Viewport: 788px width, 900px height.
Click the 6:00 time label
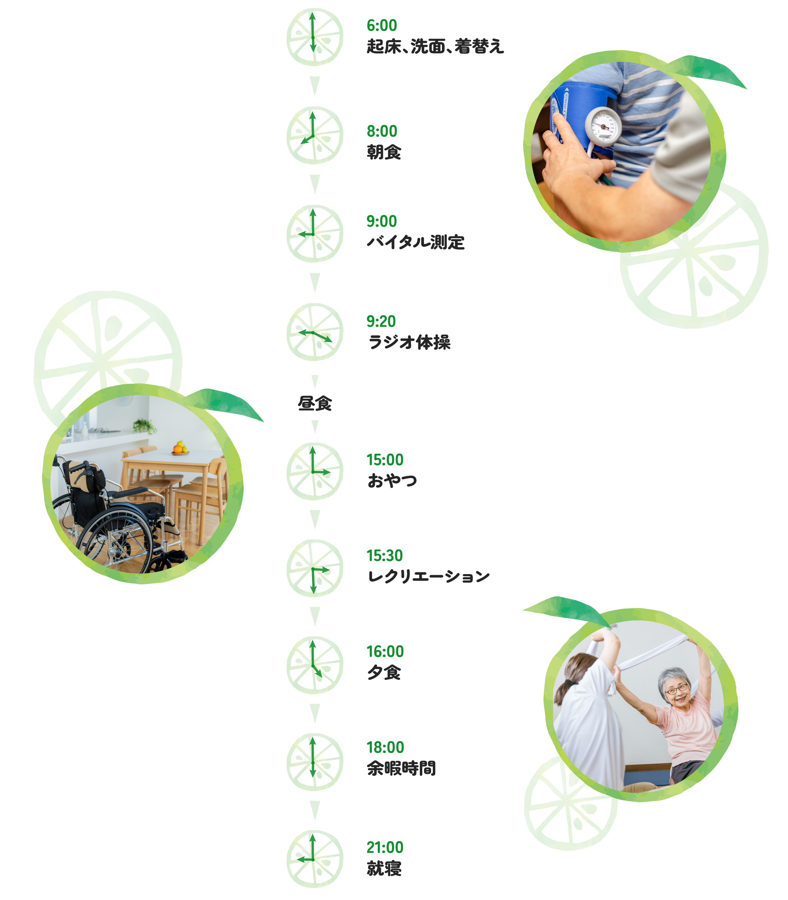tap(382, 26)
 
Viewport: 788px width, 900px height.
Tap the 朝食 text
tap(384, 152)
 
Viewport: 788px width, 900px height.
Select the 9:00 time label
tap(382, 221)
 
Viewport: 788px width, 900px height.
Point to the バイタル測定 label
tap(416, 242)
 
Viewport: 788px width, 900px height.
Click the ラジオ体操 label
tap(409, 342)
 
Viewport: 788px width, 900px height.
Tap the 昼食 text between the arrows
tap(314, 403)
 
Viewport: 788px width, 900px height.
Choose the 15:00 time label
tap(385, 459)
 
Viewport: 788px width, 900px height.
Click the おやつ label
tap(392, 480)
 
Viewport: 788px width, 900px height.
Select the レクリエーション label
tap(428, 576)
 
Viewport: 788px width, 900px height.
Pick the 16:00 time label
tap(385, 651)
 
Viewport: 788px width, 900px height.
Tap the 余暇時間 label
tap(401, 769)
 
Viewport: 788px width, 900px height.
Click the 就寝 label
tap(384, 868)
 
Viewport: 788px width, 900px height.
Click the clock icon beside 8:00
tap(314, 135)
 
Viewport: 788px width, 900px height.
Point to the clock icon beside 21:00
tap(314, 859)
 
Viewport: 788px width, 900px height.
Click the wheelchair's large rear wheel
tap(115, 541)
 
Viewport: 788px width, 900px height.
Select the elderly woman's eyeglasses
tap(676, 689)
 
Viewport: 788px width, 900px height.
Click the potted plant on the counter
tap(143, 426)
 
